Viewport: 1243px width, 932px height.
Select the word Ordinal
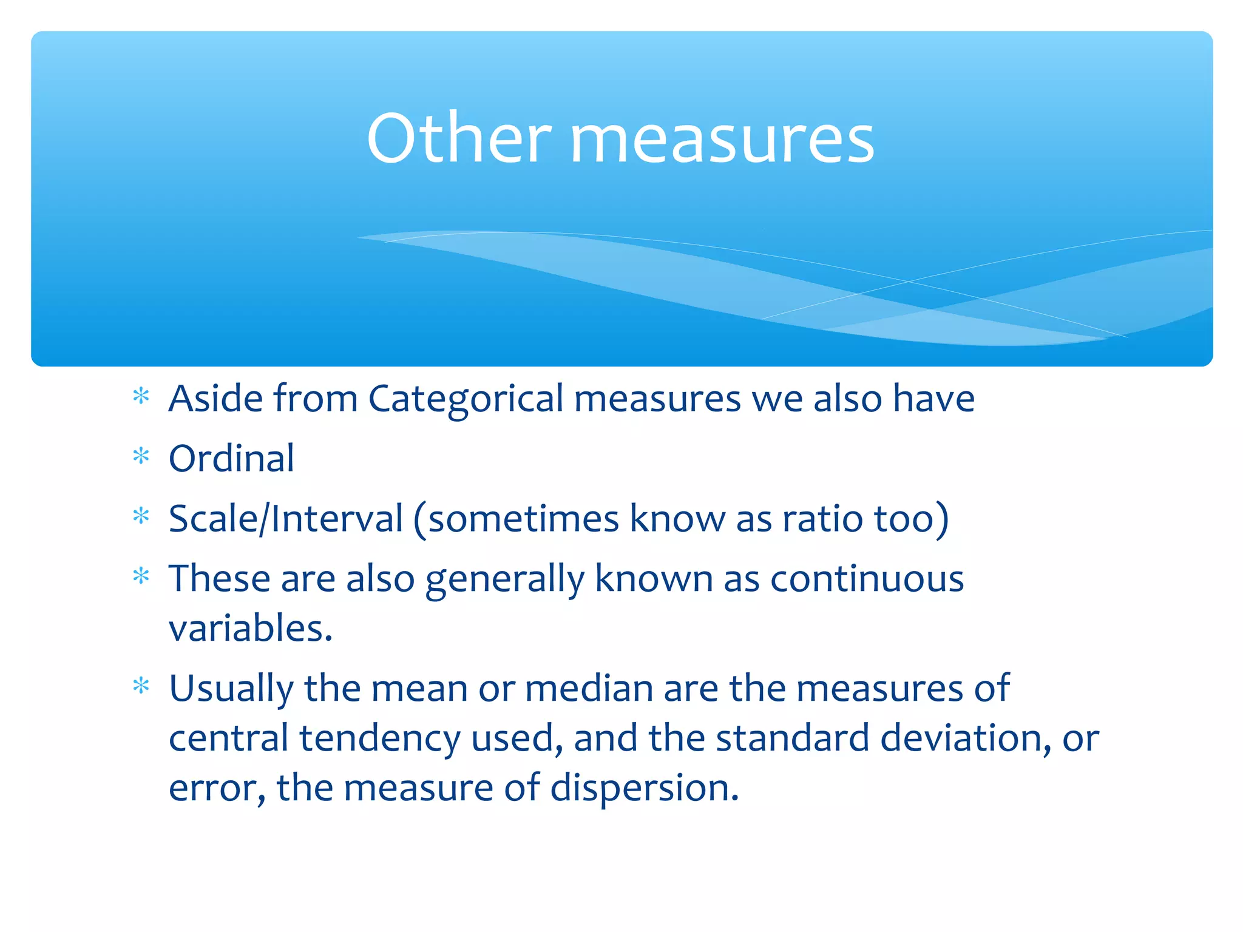[x=231, y=459]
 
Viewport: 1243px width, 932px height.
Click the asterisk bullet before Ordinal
[x=141, y=456]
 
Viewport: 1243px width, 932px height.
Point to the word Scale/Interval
[x=285, y=519]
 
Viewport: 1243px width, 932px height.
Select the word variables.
[x=250, y=629]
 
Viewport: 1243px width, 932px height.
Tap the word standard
[x=793, y=739]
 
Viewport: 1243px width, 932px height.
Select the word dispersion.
[x=645, y=789]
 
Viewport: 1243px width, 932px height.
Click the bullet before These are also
[x=141, y=576]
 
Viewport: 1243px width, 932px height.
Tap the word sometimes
[x=523, y=519]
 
